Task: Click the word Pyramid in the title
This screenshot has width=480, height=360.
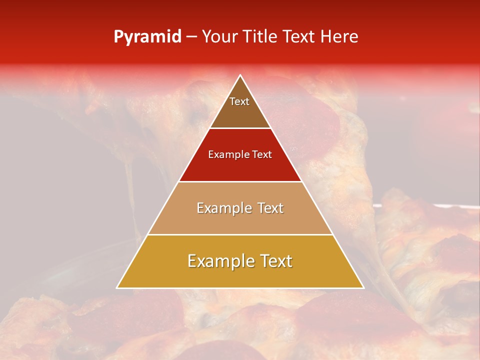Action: coord(147,37)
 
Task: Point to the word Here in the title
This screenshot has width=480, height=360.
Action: coord(339,36)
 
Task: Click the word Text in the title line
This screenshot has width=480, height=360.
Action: coord(299,36)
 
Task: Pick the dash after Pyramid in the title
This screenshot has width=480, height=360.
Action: coord(190,37)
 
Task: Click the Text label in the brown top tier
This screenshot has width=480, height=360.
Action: coord(239,101)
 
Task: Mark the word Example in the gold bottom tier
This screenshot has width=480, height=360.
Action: coord(217,261)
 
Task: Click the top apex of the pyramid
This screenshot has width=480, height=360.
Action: coord(240,75)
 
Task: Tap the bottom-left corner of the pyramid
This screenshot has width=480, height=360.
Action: coord(117,288)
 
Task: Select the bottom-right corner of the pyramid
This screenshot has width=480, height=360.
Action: coord(363,288)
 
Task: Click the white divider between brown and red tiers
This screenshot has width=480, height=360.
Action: coord(240,128)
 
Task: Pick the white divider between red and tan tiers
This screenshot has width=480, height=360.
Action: coord(240,181)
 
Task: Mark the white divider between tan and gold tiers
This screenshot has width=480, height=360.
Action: coord(240,234)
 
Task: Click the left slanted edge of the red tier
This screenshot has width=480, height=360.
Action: coord(194,155)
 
